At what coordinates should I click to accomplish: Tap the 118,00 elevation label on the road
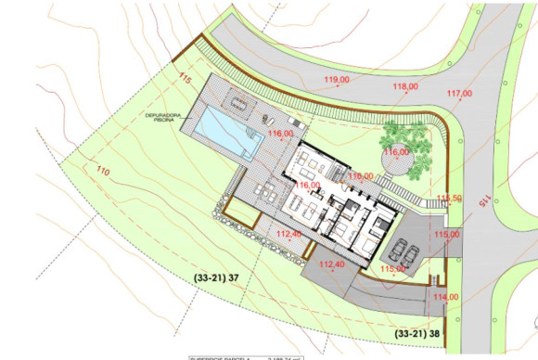[405, 87]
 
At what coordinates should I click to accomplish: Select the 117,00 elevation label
[459, 94]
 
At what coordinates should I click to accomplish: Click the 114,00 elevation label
[446, 296]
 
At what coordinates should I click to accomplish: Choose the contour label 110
[102, 171]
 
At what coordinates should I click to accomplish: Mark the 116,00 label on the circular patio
[396, 152]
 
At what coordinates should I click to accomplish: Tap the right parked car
[410, 251]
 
